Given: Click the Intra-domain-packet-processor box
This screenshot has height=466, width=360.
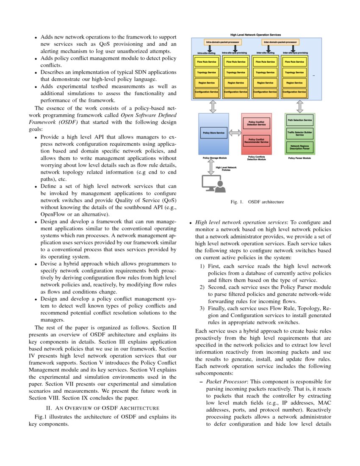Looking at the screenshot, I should (223, 42).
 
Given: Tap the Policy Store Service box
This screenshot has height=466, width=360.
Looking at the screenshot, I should (213, 133).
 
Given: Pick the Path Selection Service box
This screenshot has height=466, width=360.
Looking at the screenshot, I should (300, 120).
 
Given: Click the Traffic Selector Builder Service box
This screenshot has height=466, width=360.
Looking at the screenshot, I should (300, 133).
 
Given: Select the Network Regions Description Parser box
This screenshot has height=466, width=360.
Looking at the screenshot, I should (300, 147).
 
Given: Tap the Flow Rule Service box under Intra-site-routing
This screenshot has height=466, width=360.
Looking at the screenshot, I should (206, 62).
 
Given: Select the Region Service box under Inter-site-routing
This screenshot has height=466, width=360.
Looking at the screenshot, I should (265, 83).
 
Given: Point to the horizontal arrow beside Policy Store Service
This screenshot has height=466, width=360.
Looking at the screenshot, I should (234, 133).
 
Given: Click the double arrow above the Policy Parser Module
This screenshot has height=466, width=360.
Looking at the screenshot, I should (300, 106).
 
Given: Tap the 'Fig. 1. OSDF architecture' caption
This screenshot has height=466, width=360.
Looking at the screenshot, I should (257, 202).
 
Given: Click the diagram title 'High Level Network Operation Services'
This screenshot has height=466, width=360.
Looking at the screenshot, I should (255, 35).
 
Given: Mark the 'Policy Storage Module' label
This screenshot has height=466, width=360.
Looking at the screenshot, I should (214, 158).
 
